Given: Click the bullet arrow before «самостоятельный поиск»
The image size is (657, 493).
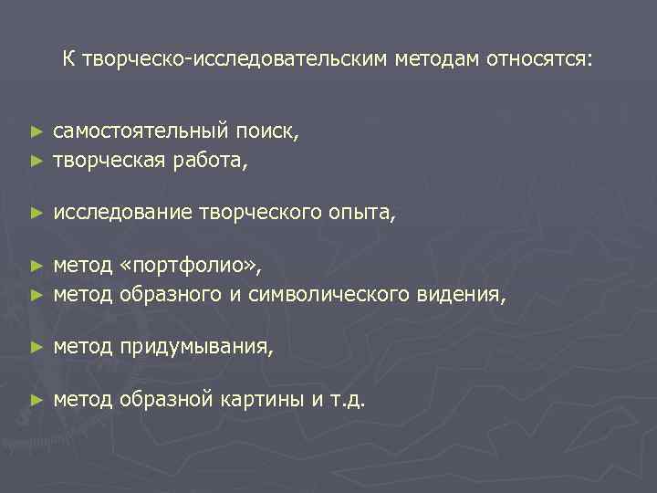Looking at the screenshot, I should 36,132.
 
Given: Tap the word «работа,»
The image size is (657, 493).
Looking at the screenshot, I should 213,161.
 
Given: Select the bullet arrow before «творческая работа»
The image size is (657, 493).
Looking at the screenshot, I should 36,162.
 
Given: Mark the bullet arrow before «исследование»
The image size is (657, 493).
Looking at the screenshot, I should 36,215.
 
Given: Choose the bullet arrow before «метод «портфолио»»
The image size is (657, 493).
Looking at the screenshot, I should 36,267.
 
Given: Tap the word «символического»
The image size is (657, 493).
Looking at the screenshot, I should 345,295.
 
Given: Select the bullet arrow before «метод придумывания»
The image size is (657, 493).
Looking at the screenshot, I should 36,348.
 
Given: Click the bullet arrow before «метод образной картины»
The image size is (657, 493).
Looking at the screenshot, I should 36,400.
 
